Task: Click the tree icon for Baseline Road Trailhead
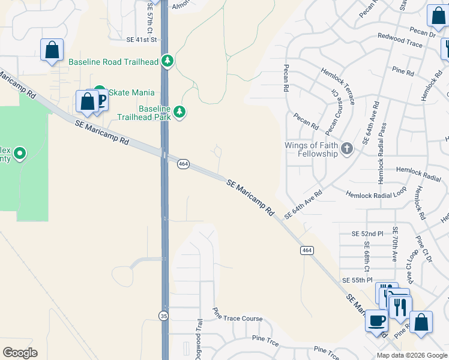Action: [x=167, y=62]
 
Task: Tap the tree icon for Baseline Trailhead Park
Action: [x=178, y=112]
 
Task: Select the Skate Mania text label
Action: [x=131, y=92]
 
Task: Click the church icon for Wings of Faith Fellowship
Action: [x=346, y=149]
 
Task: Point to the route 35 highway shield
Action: [x=163, y=315]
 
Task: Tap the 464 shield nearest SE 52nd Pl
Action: [x=307, y=250]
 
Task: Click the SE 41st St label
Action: [x=141, y=40]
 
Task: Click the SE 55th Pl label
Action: [x=357, y=280]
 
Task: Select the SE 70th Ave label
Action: [x=395, y=244]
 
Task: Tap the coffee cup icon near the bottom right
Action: [x=376, y=321]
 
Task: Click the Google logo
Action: [x=20, y=353]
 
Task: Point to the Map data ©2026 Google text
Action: [x=411, y=355]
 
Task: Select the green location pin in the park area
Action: [x=20, y=154]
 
